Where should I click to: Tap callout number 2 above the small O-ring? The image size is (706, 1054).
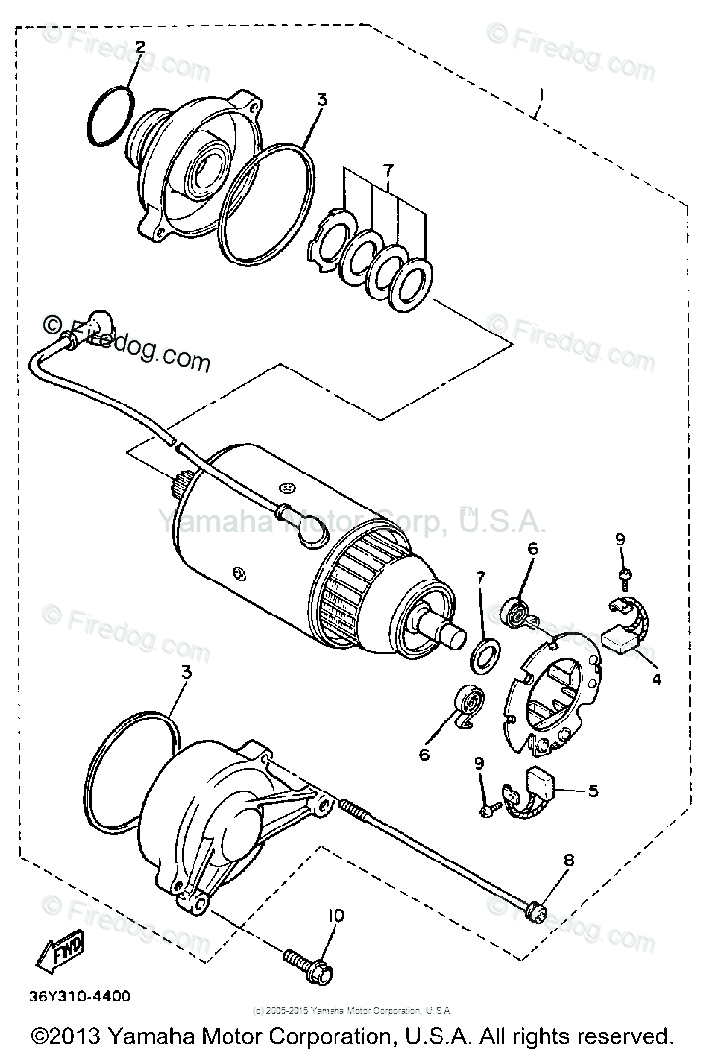[139, 47]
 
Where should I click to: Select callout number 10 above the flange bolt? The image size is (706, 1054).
[335, 915]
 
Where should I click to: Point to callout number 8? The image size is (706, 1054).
[569, 860]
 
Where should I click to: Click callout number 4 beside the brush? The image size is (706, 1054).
[656, 680]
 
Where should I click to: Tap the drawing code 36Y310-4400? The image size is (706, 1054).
[83, 996]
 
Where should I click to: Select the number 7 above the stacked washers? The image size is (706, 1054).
[389, 172]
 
